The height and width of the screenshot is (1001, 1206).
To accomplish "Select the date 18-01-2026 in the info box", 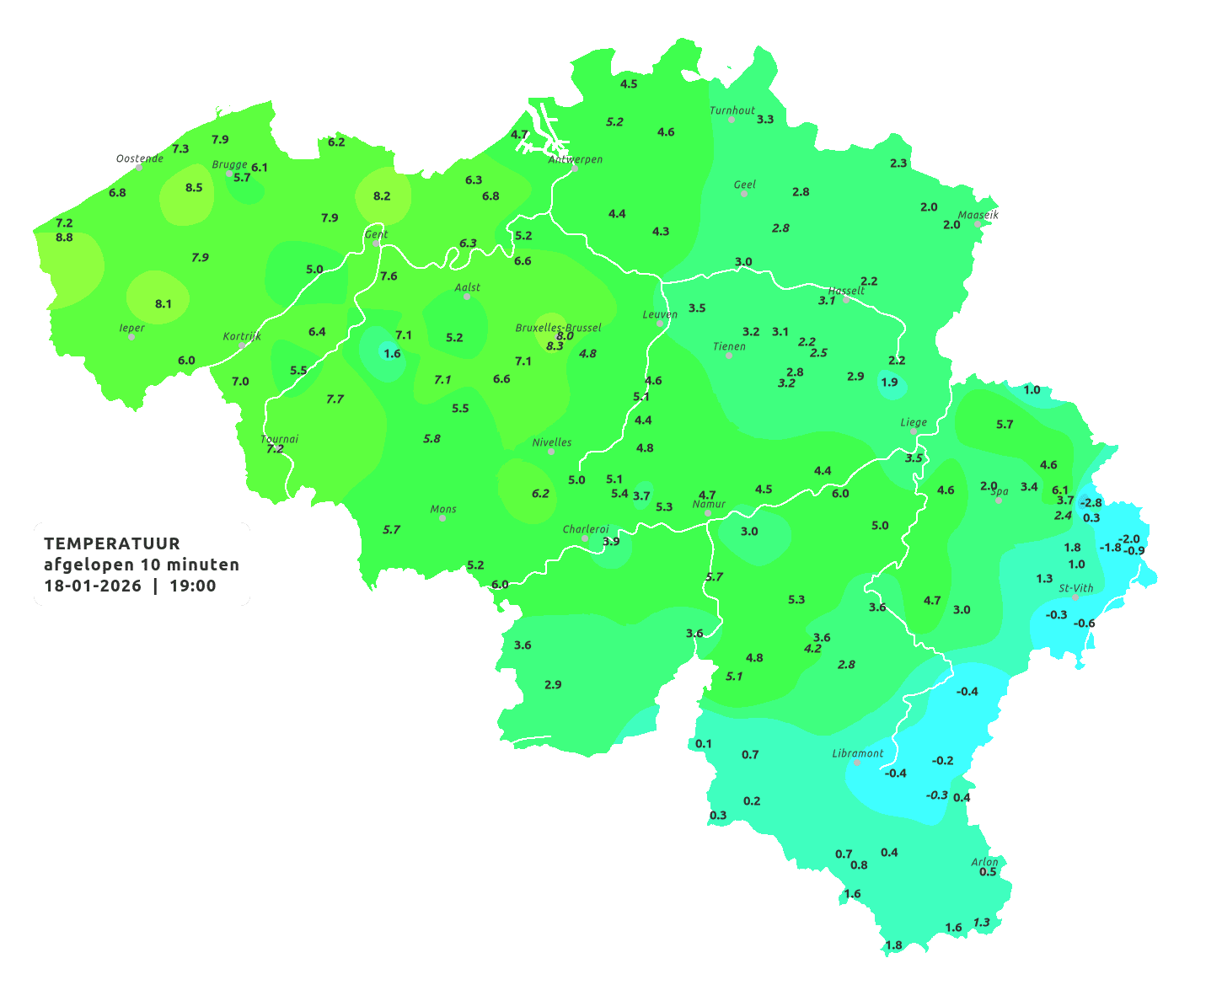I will pos(93,586).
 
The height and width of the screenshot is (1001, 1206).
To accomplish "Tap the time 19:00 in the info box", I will pos(193,586).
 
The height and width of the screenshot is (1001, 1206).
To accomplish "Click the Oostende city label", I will pos(139,158).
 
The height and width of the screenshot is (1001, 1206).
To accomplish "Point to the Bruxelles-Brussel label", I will pos(559,327).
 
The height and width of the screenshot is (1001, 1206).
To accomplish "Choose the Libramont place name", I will pos(858,753).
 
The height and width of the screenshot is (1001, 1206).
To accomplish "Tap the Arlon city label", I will pos(984,862).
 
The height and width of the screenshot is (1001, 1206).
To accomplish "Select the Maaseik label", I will pos(978,215).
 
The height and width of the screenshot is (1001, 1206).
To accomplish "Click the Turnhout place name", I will pos(732,110).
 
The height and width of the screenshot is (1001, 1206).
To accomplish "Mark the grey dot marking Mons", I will pos(442,518).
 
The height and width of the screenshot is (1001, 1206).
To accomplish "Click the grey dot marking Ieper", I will pos(131,337).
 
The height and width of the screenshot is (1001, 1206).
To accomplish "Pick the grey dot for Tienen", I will pos(729,356).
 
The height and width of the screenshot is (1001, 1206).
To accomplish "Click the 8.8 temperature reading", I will pos(64,238).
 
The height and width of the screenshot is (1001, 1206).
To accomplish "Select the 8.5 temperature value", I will pos(194,187).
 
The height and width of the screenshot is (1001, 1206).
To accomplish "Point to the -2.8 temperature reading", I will pos(1091,503).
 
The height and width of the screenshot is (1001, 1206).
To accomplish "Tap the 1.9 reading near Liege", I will pos(889,383).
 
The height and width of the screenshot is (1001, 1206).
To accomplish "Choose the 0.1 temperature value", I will pos(704,743).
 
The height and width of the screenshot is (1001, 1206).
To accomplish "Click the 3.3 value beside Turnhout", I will pos(765,120).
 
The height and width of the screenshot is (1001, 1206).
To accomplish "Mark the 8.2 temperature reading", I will pos(382,196).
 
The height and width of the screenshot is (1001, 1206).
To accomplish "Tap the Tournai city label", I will pos(280,439).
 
